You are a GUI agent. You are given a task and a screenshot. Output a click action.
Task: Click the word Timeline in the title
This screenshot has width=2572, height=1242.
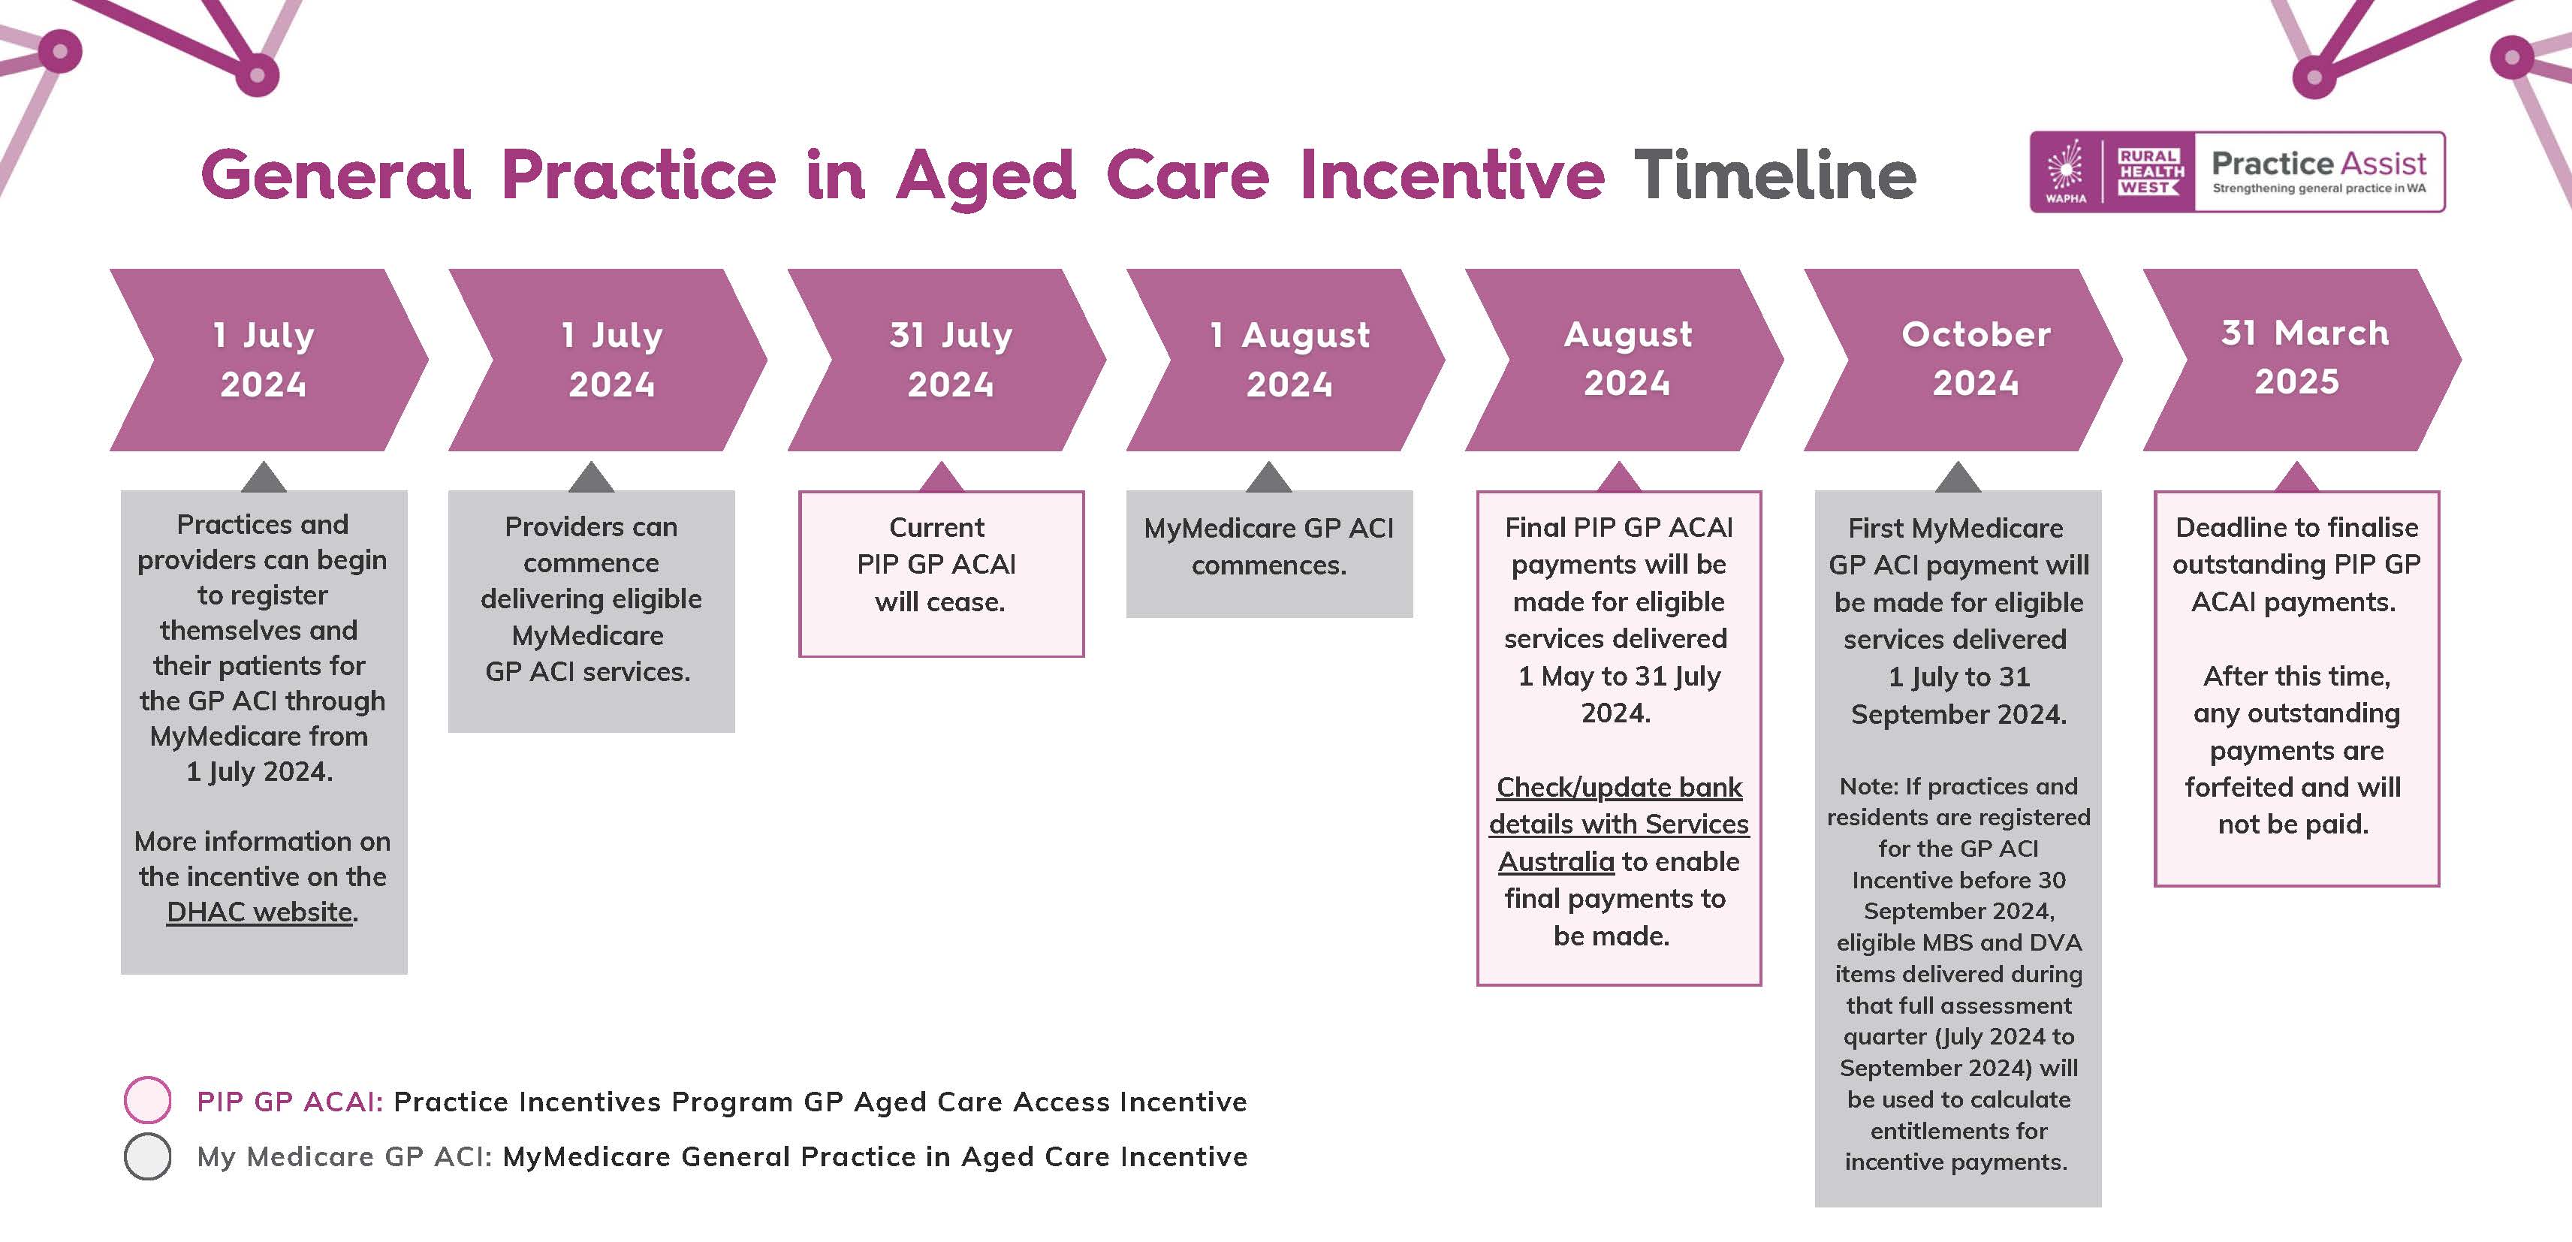pos(1774,176)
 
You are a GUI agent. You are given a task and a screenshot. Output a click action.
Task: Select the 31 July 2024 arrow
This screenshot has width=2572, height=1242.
pos(946,360)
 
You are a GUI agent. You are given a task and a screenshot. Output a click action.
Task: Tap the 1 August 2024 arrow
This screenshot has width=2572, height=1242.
pos(1285,360)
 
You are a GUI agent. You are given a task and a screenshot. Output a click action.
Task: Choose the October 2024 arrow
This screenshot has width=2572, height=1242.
pos(1963,360)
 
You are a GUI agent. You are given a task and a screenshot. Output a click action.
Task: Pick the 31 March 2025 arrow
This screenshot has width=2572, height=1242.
pos(2302,360)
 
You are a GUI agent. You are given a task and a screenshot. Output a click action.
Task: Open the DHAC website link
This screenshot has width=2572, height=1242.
pos(260,912)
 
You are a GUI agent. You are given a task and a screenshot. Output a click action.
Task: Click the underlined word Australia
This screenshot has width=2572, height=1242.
pos(1555,861)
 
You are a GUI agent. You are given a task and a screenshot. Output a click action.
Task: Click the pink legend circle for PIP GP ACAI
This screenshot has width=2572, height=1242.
pos(148,1100)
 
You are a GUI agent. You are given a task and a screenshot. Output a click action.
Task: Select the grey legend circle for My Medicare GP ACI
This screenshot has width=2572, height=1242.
pos(148,1156)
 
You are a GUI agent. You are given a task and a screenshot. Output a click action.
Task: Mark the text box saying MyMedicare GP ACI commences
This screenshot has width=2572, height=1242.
pos(1269,554)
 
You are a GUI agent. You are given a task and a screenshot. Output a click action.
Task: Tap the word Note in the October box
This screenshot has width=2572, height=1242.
pos(1865,787)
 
